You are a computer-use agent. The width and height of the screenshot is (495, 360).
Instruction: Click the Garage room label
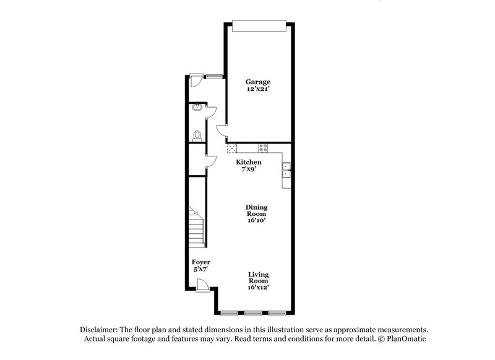(257, 82)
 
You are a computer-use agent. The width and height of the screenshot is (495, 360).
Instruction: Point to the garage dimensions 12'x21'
(257, 90)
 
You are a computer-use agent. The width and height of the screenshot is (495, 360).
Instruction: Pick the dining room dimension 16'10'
(257, 221)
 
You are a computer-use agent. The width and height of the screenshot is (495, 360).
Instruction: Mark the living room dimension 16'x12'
(258, 287)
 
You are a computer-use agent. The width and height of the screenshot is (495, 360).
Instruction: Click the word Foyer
(200, 262)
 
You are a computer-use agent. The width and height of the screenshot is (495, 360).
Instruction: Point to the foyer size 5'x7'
(200, 270)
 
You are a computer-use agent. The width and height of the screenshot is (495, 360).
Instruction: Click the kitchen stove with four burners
(263, 148)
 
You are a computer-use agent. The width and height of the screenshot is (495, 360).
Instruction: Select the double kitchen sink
(286, 170)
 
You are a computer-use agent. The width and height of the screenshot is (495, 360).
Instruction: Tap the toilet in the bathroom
(197, 135)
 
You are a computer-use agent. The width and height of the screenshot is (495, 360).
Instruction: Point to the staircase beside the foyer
(196, 229)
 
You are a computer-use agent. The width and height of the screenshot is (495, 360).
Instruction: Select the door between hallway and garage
(221, 130)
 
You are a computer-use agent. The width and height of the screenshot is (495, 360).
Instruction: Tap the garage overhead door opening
(259, 25)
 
